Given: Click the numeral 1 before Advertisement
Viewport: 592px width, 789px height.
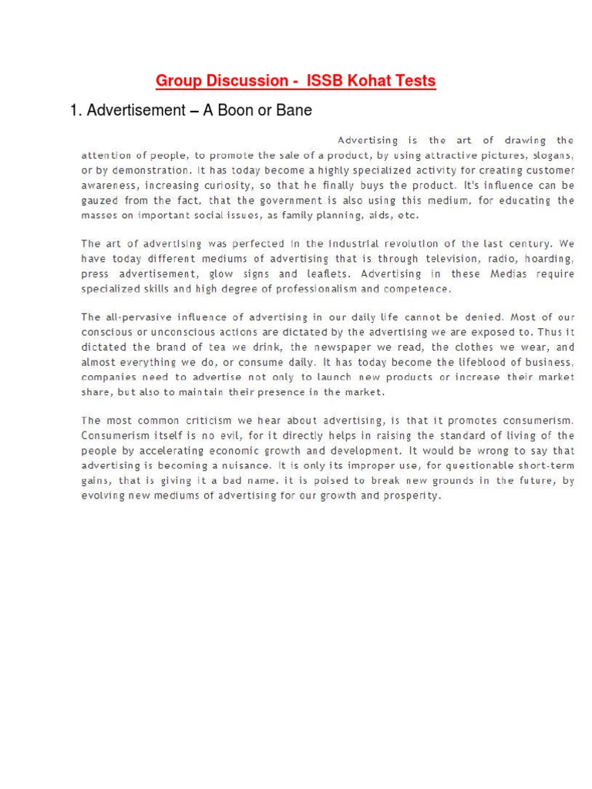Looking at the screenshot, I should (74, 110).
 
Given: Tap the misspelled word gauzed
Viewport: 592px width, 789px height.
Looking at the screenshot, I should (101, 200).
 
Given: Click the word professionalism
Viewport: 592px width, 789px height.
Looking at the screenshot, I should (310, 289).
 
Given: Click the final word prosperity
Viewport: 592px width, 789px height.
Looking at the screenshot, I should (412, 495).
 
